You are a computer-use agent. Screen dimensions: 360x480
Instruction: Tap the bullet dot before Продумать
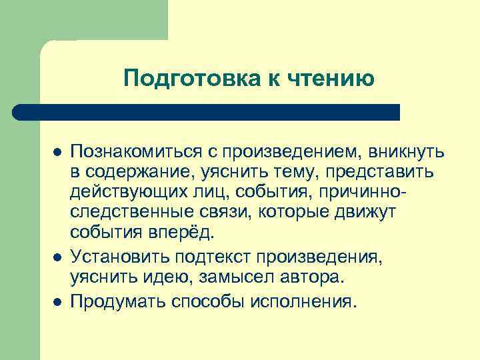[57, 301]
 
